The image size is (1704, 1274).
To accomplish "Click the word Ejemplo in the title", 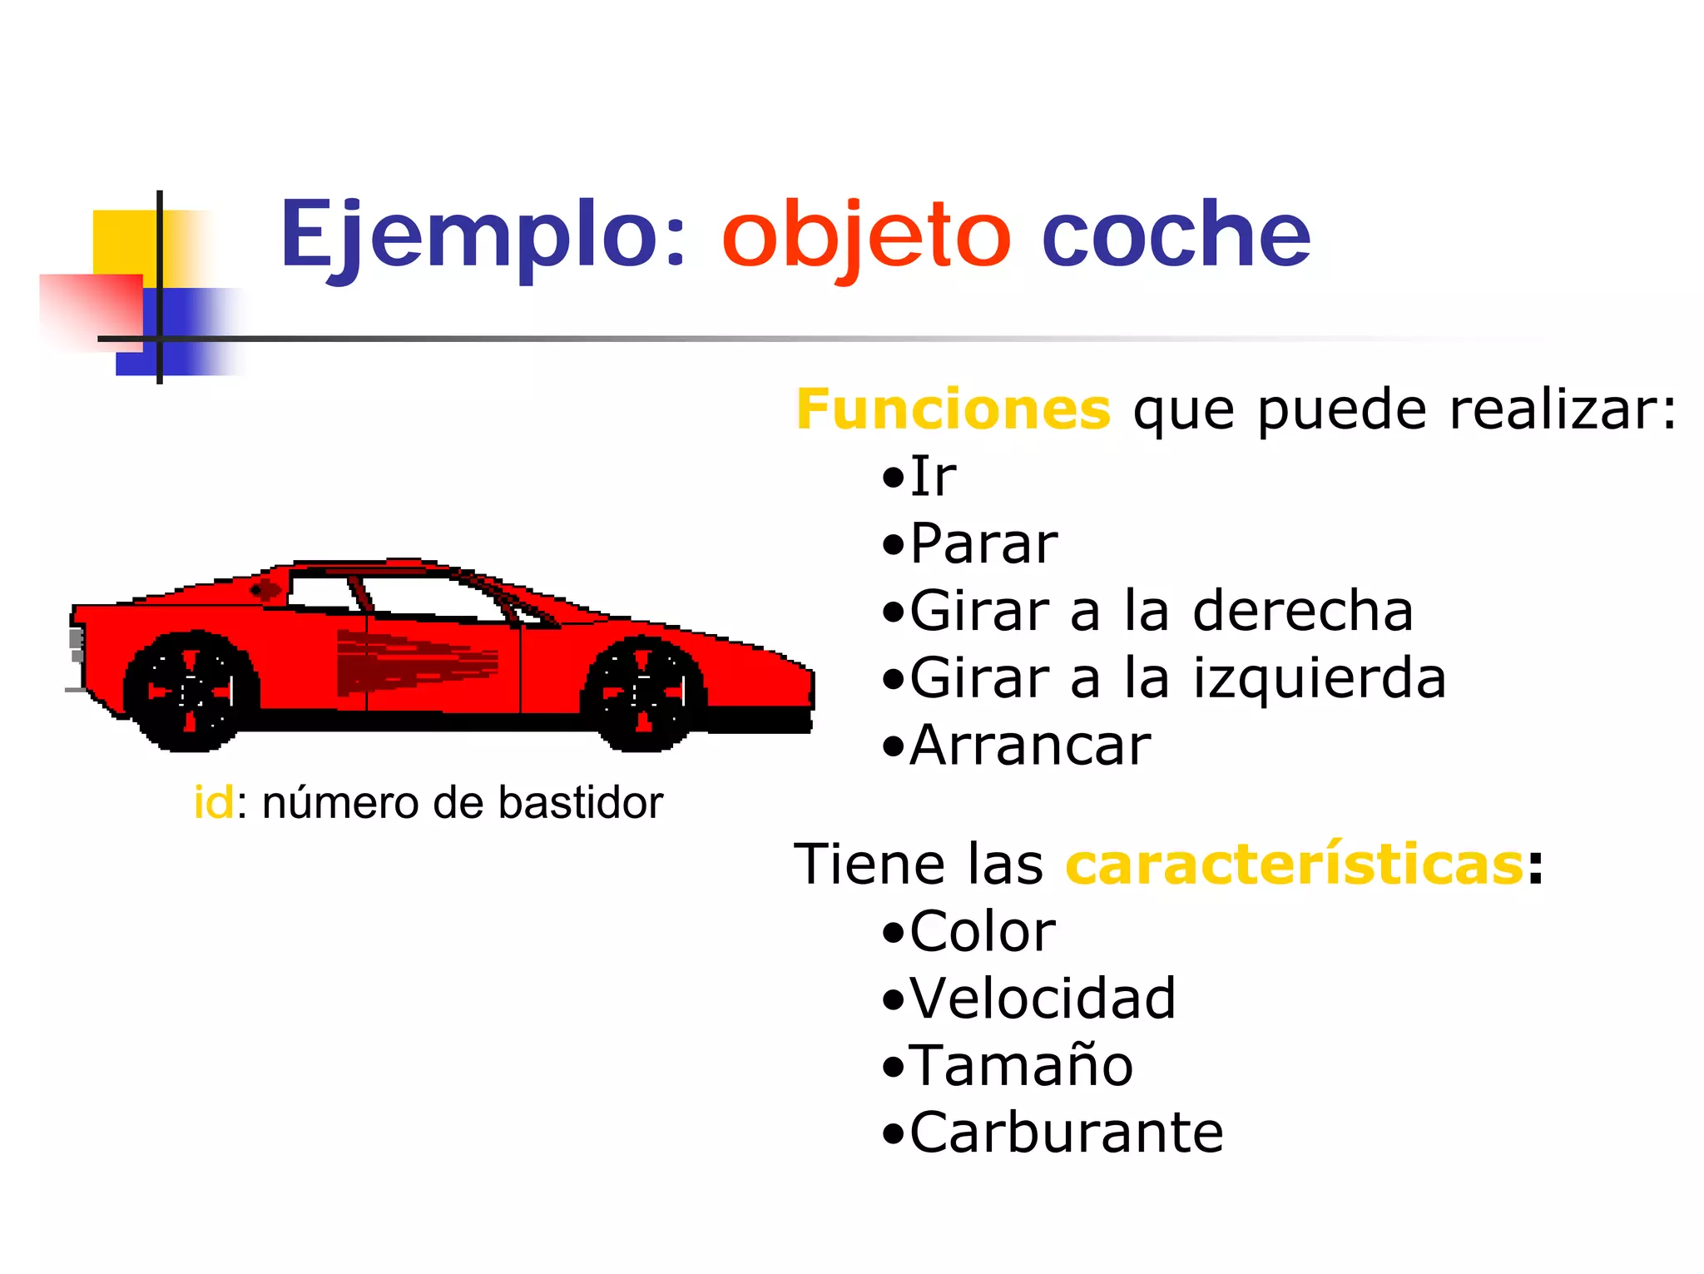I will click(482, 235).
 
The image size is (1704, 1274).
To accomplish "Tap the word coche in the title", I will click(1176, 235).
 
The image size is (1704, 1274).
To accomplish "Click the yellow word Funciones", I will click(954, 409).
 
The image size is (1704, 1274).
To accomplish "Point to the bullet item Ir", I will click(933, 477).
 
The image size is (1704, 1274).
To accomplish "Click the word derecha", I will click(1303, 611).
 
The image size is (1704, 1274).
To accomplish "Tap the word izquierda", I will click(1320, 678).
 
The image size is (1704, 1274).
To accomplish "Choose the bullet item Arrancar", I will click(1030, 746).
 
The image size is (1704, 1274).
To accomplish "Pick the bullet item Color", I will click(983, 931).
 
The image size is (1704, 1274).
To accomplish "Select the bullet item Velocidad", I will click(1043, 999).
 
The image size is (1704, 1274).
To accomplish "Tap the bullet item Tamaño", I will click(1021, 1065).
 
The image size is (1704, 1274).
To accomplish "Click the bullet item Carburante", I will click(1066, 1133).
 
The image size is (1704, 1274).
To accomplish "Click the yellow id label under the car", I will click(214, 803).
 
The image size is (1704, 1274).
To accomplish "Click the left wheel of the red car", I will click(191, 691).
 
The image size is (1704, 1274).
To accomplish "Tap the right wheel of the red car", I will click(643, 692).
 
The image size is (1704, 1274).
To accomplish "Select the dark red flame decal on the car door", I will click(416, 662).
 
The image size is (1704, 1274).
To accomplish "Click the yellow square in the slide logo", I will click(125, 241).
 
